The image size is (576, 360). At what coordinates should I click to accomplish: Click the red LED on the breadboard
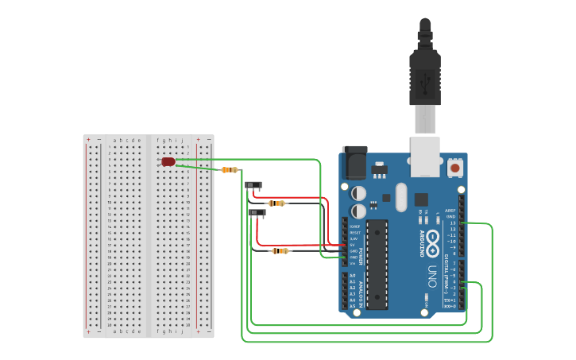pyautogui.click(x=168, y=161)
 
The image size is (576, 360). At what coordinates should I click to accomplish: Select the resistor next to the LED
pyautogui.click(x=230, y=170)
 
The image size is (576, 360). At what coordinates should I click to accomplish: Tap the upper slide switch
pyautogui.click(x=253, y=186)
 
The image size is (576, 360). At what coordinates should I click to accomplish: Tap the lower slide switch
pyautogui.click(x=257, y=213)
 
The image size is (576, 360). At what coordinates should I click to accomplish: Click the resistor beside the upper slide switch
pyautogui.click(x=276, y=203)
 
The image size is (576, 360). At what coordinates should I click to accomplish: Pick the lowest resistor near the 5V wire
pyautogui.click(x=279, y=251)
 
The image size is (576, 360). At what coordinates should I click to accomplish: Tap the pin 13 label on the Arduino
pyautogui.click(x=452, y=223)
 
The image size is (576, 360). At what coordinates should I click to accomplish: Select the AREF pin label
pyautogui.click(x=451, y=211)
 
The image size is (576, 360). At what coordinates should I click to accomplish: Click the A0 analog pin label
pyautogui.click(x=353, y=275)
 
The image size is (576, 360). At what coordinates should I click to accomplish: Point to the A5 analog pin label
pyautogui.click(x=353, y=306)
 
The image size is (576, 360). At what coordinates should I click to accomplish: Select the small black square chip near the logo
pyautogui.click(x=421, y=200)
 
